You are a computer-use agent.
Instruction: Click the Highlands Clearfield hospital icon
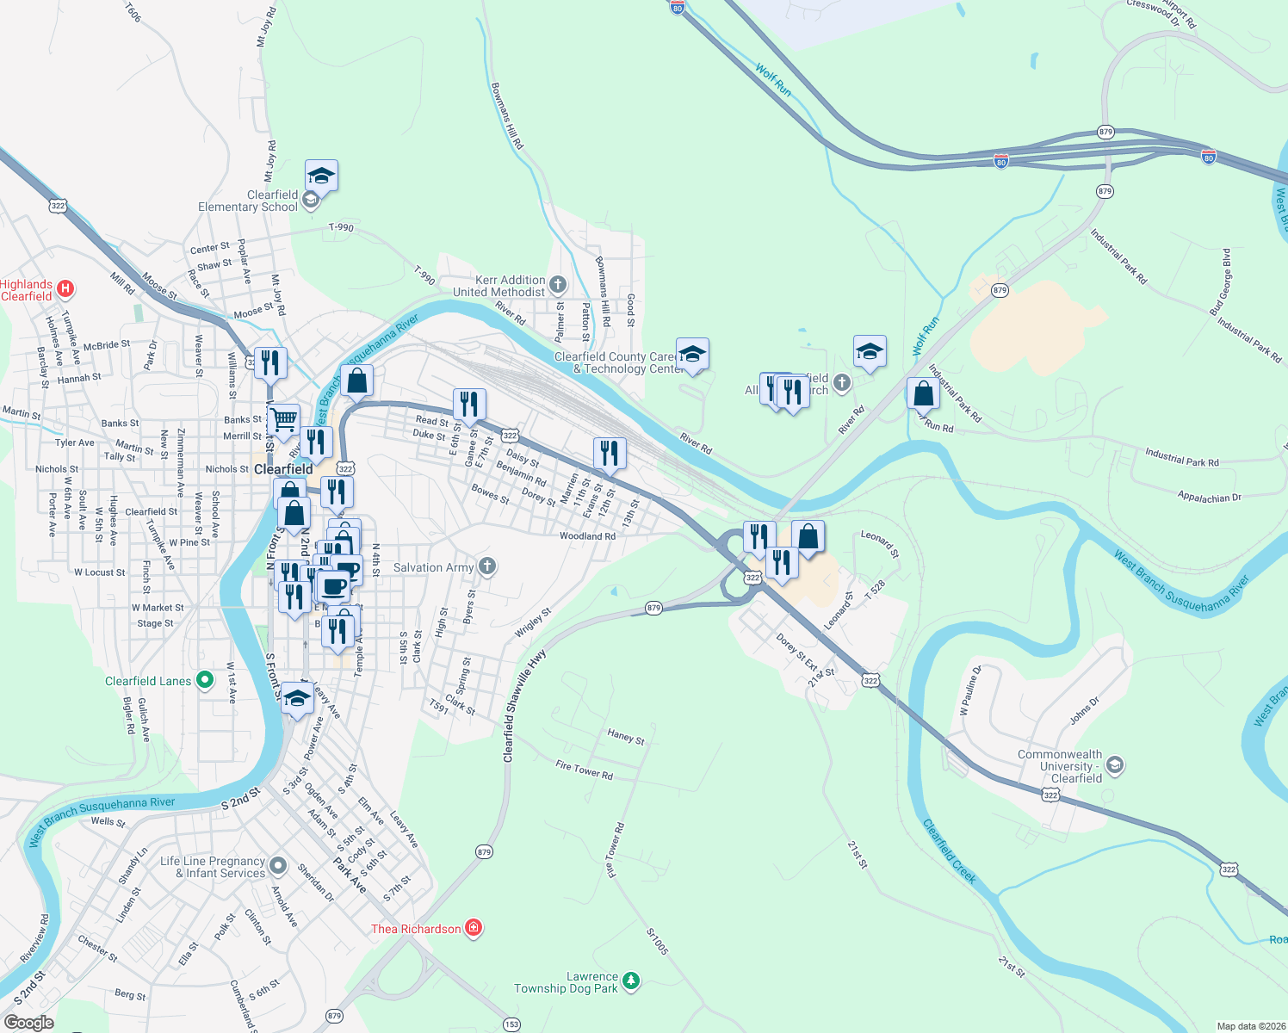click(x=65, y=288)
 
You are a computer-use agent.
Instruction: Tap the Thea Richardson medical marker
click(x=473, y=928)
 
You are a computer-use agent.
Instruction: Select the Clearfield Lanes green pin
click(x=205, y=680)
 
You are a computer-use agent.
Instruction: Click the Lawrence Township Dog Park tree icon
click(x=631, y=981)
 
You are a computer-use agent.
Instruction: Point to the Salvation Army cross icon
click(x=487, y=566)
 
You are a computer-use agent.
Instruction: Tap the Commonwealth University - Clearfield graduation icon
click(x=1115, y=765)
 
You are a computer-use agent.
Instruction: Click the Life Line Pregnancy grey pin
click(x=277, y=865)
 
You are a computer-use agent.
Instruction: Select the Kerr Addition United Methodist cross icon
click(x=558, y=284)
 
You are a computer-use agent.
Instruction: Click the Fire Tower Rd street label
click(x=585, y=770)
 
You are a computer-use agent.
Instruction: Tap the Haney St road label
click(x=626, y=736)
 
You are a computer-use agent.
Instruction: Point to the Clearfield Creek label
click(x=950, y=851)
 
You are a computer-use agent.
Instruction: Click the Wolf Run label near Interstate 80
click(x=773, y=79)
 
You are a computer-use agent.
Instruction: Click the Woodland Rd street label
click(x=587, y=536)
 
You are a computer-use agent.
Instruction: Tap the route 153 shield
click(x=511, y=1024)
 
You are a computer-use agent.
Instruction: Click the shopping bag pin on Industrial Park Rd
click(x=923, y=394)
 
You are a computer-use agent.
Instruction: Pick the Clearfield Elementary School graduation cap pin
click(x=321, y=176)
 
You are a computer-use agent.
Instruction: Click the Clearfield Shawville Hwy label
click(x=523, y=706)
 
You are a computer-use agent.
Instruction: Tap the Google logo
click(x=28, y=1022)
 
